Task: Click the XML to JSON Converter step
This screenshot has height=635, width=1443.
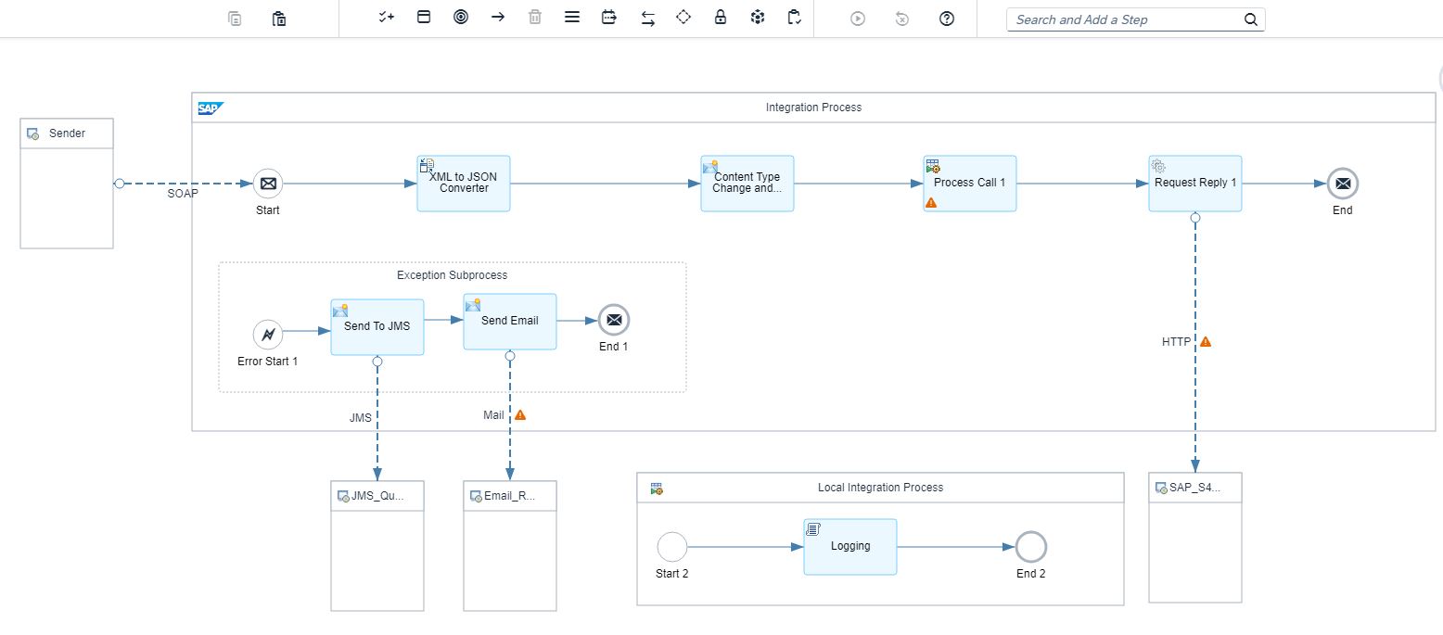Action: pos(463,184)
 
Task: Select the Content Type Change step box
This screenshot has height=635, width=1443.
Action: pos(747,184)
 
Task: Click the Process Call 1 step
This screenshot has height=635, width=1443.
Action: pos(969,184)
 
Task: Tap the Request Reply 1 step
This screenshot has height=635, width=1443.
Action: pos(1194,184)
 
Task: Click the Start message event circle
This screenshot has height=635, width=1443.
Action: pos(268,184)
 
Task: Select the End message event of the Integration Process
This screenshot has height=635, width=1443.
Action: pos(1342,184)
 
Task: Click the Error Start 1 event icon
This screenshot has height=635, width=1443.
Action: pos(267,335)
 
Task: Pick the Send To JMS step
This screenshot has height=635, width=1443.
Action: pos(377,326)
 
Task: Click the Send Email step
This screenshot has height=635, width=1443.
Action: pos(509,322)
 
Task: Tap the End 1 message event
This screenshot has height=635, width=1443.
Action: pos(613,320)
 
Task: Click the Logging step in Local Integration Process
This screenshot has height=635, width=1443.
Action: pos(849,547)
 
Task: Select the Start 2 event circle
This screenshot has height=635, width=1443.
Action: pos(671,547)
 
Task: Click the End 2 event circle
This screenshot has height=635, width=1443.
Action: pos(1030,547)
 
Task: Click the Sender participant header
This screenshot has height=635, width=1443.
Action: pos(67,133)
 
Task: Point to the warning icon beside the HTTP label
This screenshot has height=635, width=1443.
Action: pos(1206,341)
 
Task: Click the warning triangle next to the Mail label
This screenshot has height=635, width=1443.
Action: pos(520,414)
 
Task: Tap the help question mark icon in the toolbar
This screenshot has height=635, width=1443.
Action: pos(947,19)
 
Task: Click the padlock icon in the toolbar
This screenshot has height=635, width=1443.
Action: pos(721,18)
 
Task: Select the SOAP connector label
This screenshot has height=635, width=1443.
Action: pos(183,194)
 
